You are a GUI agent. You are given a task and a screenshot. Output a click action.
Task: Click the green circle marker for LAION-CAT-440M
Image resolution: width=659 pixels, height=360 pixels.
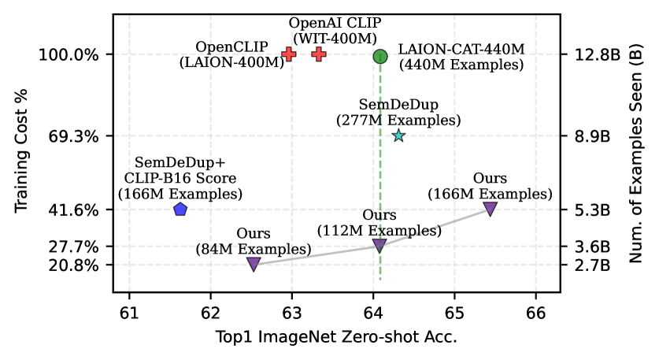pyautogui.click(x=380, y=56)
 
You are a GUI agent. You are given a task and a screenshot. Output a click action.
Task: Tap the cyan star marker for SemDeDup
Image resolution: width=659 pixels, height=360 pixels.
pyautogui.click(x=398, y=135)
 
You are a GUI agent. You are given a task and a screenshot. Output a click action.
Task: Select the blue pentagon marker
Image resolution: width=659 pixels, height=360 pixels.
pyautogui.click(x=180, y=210)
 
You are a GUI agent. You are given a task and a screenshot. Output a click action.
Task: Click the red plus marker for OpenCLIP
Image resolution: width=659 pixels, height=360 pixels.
pyautogui.click(x=289, y=54)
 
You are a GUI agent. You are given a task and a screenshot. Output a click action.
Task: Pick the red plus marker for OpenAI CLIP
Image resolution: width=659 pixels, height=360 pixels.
pyautogui.click(x=319, y=54)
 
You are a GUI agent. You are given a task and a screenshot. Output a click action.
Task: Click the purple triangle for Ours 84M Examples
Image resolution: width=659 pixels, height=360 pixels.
pyautogui.click(x=254, y=264)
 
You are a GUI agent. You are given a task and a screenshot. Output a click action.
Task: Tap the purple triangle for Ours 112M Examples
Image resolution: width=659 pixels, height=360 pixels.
pyautogui.click(x=379, y=246)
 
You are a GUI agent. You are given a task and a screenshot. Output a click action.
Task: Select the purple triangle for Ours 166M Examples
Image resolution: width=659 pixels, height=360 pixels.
pyautogui.click(x=490, y=209)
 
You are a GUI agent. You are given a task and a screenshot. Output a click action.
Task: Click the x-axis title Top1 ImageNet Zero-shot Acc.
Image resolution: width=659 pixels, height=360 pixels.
pyautogui.click(x=336, y=336)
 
